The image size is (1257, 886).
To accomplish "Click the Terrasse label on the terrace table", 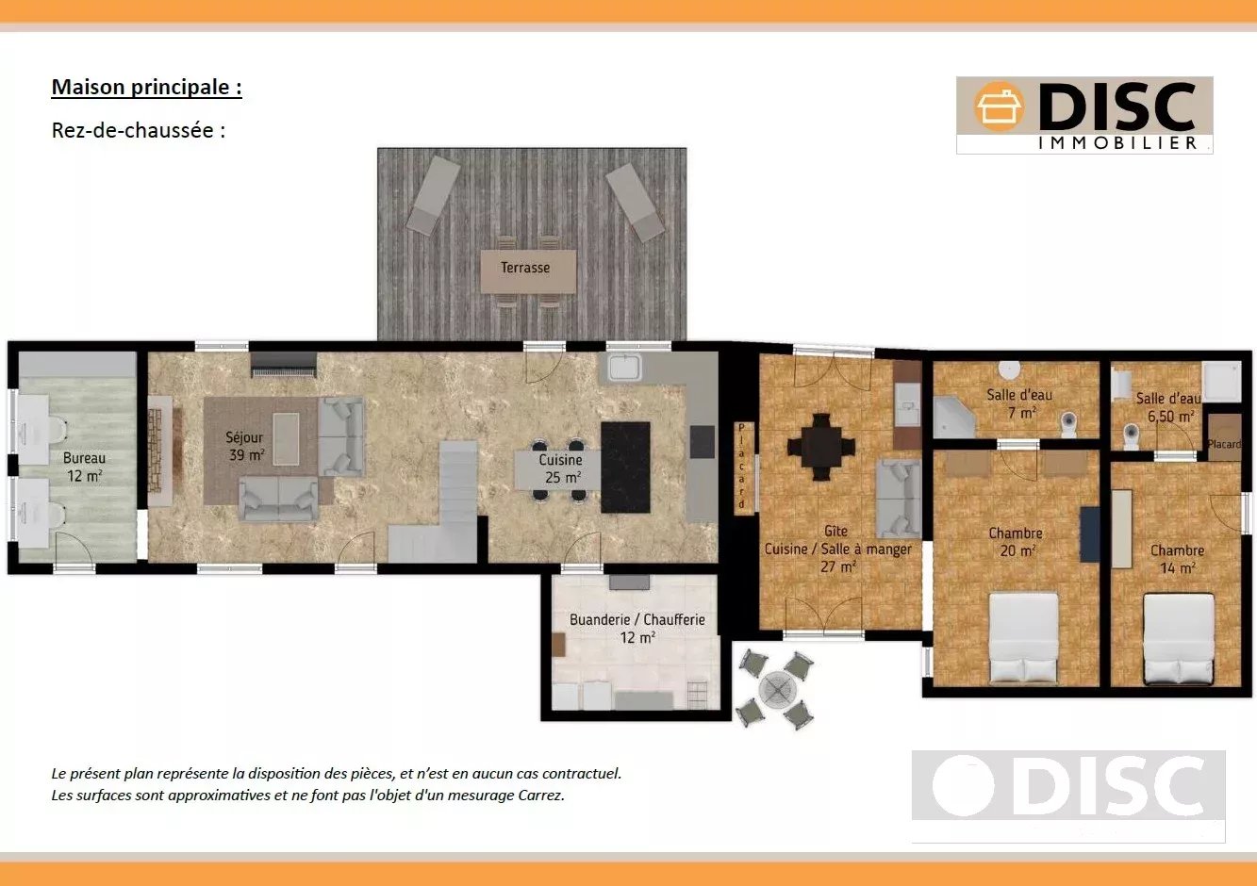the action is click(x=525, y=268).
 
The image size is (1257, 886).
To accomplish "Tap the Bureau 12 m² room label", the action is click(x=84, y=468).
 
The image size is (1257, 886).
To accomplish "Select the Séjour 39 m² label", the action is click(x=244, y=447).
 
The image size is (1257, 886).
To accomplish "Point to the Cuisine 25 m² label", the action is click(x=560, y=468).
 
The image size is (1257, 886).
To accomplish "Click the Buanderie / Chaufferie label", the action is click(x=637, y=619).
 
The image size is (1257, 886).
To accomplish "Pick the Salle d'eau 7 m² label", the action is click(x=1019, y=403).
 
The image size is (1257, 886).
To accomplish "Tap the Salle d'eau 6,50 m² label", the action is click(x=1168, y=408).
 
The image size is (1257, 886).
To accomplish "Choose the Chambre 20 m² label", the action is click(x=1016, y=542).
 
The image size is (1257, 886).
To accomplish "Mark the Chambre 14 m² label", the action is click(x=1177, y=559).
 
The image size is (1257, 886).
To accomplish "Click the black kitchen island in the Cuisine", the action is click(x=626, y=468).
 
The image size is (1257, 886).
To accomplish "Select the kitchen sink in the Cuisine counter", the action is click(x=623, y=369).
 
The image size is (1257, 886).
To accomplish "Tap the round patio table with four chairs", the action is click(x=777, y=689).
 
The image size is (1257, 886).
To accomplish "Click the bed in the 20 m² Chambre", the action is click(x=1023, y=638).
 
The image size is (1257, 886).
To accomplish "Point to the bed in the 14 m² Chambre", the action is click(x=1179, y=639).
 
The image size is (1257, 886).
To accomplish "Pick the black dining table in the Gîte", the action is click(x=821, y=447).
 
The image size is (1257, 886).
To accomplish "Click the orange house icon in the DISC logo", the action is click(x=999, y=107).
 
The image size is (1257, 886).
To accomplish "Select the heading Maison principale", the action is click(x=146, y=87).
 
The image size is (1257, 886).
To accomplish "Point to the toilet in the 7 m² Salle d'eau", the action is click(x=1069, y=424).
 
